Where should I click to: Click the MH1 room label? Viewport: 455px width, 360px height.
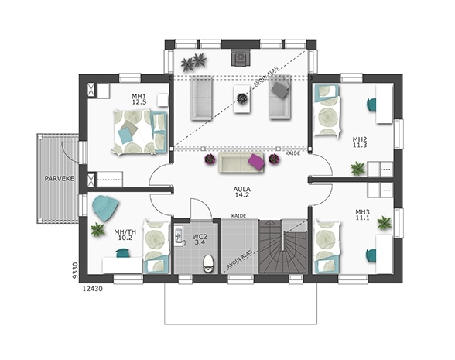pos(139,96)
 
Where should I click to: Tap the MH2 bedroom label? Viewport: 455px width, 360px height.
pos(360,139)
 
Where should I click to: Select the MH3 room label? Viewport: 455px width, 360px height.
pos(362,211)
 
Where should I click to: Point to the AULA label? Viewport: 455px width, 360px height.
pos(241,189)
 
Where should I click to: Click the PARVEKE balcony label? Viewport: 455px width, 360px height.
pos(59,178)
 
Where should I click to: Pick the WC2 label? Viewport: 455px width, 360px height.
pos(200,236)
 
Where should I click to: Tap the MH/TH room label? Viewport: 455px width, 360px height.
pos(125,232)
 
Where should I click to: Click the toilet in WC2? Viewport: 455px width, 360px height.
pos(208,263)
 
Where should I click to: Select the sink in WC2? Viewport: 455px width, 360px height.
pos(180,236)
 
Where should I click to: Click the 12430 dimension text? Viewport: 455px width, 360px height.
pos(93,289)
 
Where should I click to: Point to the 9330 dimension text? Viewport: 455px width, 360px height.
pos(75,271)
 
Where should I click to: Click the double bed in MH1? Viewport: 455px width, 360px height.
pos(139,132)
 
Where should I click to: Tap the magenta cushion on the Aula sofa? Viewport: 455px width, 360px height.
pos(257,162)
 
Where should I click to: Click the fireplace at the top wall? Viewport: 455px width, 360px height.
pos(241,57)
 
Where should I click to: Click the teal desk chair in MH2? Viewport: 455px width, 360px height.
pos(371,105)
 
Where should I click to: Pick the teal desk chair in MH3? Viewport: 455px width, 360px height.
pos(371,255)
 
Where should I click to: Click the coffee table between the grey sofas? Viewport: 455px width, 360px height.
pos(241,99)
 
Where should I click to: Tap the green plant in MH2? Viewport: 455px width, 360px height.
pos(357,169)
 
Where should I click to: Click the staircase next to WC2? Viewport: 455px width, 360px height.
pos(282,246)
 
